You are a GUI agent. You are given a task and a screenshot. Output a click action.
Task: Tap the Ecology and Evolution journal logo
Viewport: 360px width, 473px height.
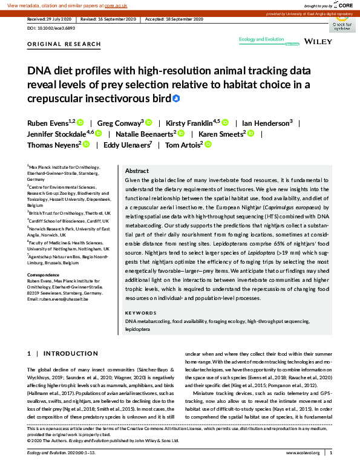pyautogui.click(x=261, y=40)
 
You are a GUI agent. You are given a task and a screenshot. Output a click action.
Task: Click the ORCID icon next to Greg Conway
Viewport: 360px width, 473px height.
pyautogui.click(x=149, y=123)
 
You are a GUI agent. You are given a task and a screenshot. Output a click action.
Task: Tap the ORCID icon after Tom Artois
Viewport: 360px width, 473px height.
pyautogui.click(x=207, y=145)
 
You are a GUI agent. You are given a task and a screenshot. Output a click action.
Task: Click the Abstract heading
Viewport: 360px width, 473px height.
pyautogui.click(x=136, y=171)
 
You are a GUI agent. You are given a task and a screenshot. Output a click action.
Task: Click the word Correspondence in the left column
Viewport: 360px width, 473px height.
pyautogui.click(x=44, y=276)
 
